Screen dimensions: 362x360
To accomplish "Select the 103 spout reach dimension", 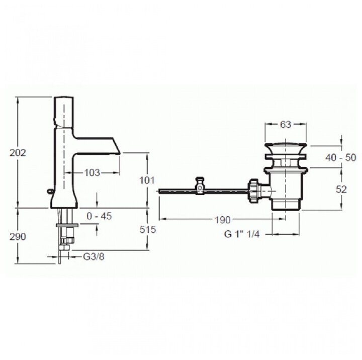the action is [91, 173].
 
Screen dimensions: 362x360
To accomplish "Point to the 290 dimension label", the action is [18, 236].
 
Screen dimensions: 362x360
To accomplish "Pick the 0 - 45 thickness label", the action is [99, 216].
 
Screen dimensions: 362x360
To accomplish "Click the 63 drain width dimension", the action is [286, 125].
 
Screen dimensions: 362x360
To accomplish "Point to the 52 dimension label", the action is [341, 189].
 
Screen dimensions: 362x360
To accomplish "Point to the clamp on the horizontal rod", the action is [201, 186].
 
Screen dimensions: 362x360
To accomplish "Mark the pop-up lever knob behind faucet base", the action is [50, 191].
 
